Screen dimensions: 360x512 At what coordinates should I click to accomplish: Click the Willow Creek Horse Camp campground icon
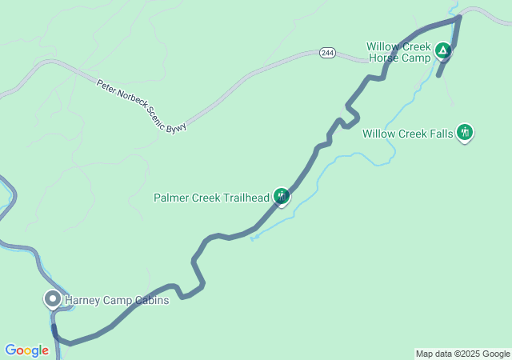(x=442, y=53)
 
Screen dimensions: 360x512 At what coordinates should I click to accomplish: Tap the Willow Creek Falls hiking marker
(x=465, y=133)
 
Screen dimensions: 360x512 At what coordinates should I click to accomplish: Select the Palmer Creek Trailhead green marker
(x=281, y=196)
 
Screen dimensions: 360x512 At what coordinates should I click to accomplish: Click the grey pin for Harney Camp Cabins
(x=53, y=300)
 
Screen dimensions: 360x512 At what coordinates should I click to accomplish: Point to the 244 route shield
(x=326, y=52)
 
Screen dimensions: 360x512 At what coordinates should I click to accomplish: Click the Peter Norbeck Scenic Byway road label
(x=142, y=106)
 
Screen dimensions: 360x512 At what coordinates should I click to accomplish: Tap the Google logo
(x=26, y=350)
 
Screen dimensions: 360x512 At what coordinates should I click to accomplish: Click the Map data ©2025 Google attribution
(x=462, y=354)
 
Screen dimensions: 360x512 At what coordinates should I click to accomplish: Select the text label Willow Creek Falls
(x=408, y=134)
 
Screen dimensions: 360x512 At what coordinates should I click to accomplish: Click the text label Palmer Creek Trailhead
(x=212, y=197)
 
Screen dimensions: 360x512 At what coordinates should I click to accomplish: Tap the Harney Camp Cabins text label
(x=116, y=301)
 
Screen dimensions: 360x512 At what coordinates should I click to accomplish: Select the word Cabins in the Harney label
(x=152, y=301)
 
